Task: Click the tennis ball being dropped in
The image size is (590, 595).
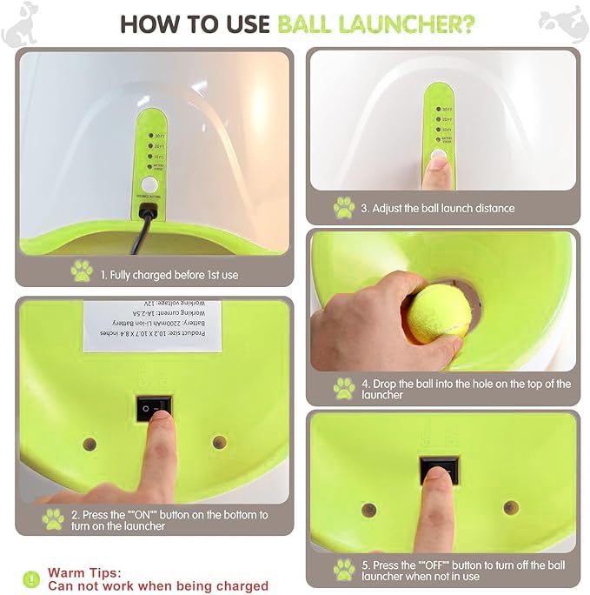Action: (440, 314)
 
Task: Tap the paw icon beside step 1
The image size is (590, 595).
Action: (82, 271)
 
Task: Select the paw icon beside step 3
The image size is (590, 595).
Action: (344, 208)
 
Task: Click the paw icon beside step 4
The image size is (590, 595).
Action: (344, 388)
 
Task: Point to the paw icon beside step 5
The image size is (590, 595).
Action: (344, 570)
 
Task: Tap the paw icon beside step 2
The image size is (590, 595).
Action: (54, 519)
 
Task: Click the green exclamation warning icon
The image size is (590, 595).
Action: (31, 578)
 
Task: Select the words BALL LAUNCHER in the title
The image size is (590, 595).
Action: (375, 23)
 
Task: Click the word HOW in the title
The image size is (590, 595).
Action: (146, 23)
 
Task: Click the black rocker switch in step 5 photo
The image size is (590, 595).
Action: (436, 471)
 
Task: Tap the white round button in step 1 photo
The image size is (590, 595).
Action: (149, 184)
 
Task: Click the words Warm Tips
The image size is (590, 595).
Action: (84, 573)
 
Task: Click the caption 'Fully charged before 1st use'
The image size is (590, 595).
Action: (169, 275)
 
